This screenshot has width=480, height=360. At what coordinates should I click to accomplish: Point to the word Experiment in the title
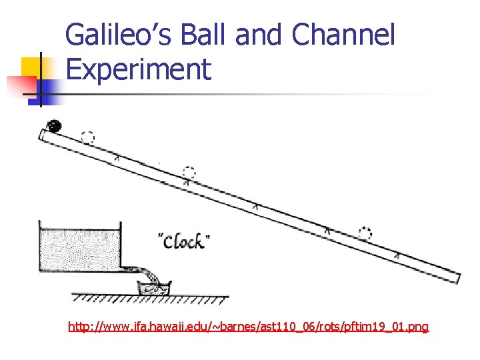click(139, 69)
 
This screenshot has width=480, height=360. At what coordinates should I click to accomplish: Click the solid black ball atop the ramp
click(53, 125)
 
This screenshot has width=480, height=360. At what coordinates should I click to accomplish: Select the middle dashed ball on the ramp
click(189, 171)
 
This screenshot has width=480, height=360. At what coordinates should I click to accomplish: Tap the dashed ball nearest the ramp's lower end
click(365, 233)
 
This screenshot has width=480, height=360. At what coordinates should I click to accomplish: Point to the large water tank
click(80, 247)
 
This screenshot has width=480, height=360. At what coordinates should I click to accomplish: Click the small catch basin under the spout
click(153, 287)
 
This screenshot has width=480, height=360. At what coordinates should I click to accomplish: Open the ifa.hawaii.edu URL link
click(249, 327)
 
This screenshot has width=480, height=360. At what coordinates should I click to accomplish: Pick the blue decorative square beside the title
click(49, 88)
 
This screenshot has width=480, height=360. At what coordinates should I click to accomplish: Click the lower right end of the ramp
click(454, 275)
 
